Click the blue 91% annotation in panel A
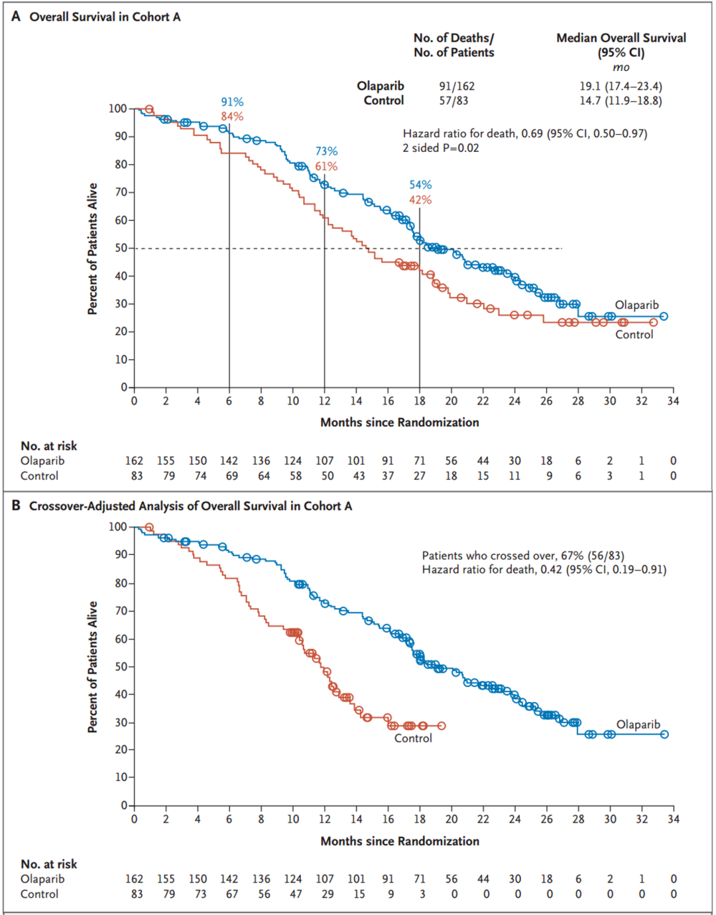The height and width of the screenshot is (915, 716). coord(232,101)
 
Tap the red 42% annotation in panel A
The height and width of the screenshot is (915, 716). coord(420,200)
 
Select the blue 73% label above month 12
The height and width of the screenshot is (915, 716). coord(326,151)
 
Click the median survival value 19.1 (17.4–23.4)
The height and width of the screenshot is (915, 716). coord(621,86)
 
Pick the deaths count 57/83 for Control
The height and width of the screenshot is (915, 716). coord(453,101)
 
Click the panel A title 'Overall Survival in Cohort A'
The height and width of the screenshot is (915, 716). coord(105,17)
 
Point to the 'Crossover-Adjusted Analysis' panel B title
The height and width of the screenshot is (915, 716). coord(190,506)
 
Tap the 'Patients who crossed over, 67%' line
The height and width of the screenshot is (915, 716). coord(522,556)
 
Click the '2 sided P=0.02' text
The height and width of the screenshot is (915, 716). coord(440,148)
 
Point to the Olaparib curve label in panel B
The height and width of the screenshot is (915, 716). coord(638,724)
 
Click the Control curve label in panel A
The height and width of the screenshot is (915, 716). coord(634,334)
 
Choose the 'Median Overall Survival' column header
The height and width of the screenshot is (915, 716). coord(621,38)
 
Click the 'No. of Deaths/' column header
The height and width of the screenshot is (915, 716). coord(453,38)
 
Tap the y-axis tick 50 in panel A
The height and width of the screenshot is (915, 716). coord(121,248)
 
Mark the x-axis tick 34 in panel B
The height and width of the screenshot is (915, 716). coord(673,819)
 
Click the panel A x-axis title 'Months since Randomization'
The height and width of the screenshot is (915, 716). coord(399,422)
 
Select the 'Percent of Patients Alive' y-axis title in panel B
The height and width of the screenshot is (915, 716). coord(92,666)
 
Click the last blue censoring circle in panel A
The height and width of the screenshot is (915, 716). coord(664,316)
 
